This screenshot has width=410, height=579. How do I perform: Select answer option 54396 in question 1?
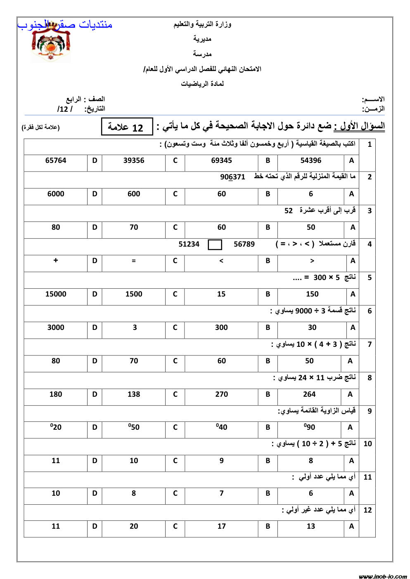coord(310,160)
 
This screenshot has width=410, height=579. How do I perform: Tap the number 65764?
coord(56,160)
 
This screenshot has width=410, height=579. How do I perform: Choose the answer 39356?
coord(134,160)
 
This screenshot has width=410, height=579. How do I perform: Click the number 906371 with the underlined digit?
coord(232,177)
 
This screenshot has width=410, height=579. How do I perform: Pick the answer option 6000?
coord(56,194)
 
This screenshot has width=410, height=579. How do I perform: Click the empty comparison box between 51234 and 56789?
coord(215,245)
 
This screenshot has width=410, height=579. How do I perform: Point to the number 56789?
coord(244,244)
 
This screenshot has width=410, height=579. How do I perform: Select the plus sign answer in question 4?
coord(56,261)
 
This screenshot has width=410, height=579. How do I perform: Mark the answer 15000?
coord(56,294)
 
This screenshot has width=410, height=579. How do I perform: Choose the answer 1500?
coord(134,294)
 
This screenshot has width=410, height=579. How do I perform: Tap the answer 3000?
coord(56,327)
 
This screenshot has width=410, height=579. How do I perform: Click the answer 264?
coord(309,394)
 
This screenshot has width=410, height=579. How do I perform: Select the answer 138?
coord(134,394)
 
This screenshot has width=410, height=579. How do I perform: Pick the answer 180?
coord(56,394)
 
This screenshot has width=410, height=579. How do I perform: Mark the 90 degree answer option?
coord(310,427)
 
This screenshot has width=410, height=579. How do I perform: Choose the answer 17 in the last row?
coord(222,526)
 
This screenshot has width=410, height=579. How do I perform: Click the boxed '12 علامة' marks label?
coord(127,127)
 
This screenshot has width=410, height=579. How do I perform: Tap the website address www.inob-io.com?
coord(382,576)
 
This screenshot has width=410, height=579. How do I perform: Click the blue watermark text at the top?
coord(65,25)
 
